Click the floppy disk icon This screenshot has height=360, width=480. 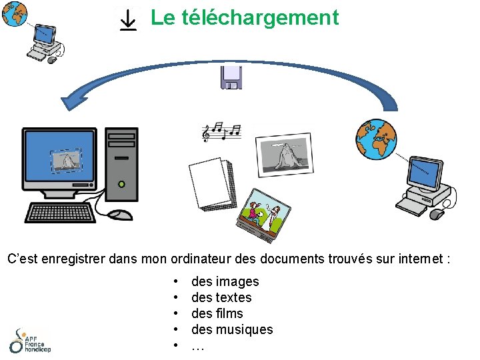(x=231, y=77)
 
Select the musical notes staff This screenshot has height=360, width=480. (x=222, y=132)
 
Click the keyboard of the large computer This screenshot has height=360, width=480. (x=60, y=213)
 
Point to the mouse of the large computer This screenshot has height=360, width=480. (x=121, y=215)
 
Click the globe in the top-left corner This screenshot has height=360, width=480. (x=14, y=13)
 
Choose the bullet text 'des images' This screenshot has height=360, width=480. (x=225, y=281)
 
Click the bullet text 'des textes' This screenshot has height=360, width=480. (x=221, y=297)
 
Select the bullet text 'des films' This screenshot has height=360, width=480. (x=217, y=313)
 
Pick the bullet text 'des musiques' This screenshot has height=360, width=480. (x=232, y=329)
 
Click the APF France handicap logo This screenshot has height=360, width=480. (x=29, y=341)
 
